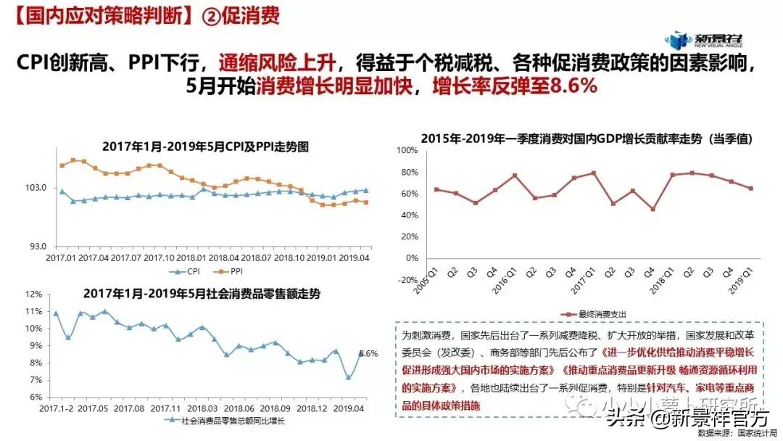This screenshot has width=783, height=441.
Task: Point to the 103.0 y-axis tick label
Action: point(36,189)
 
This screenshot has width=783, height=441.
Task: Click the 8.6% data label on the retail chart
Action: point(368,354)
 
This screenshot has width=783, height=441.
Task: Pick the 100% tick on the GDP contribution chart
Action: point(407,150)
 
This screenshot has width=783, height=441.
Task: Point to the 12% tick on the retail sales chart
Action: point(33,294)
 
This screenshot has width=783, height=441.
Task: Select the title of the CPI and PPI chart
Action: point(205,147)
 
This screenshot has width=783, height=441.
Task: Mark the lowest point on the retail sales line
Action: point(348,377)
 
